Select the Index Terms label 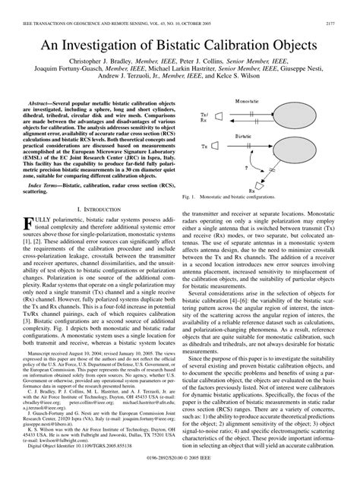click(45, 185)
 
